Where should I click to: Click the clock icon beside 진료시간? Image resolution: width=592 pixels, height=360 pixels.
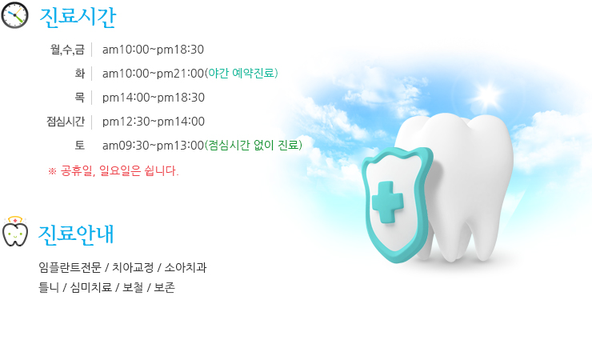[14, 15]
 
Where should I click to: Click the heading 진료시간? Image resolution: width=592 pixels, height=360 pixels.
[78, 18]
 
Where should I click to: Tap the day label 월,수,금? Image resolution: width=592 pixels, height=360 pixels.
[67, 50]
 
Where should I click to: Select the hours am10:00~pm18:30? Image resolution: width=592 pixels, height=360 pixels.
[153, 50]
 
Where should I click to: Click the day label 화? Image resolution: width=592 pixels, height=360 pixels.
[80, 74]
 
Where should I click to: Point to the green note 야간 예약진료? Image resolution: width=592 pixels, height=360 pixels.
[242, 73]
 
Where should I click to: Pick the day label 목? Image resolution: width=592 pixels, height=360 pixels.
[80, 98]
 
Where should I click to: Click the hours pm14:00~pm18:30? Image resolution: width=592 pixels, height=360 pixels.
[154, 98]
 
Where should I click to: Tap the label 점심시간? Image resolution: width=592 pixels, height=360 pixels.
[66, 122]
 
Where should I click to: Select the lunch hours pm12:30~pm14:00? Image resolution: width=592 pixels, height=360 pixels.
[154, 122]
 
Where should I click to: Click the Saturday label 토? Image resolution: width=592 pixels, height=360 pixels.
[80, 146]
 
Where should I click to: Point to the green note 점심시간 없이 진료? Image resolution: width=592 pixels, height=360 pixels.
[254, 145]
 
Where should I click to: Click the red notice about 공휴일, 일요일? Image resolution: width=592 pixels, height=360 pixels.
[114, 171]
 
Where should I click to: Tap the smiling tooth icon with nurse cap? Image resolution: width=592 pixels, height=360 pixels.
[14, 231]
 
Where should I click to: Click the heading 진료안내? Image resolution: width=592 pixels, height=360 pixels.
[76, 234]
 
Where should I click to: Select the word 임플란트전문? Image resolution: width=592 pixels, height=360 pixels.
[70, 267]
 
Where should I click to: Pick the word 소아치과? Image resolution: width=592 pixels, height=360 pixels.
[186, 267]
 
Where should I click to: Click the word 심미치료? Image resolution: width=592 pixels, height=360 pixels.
[91, 287]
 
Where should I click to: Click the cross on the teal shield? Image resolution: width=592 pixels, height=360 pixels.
[388, 202]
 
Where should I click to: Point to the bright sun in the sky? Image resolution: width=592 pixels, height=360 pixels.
[488, 94]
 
